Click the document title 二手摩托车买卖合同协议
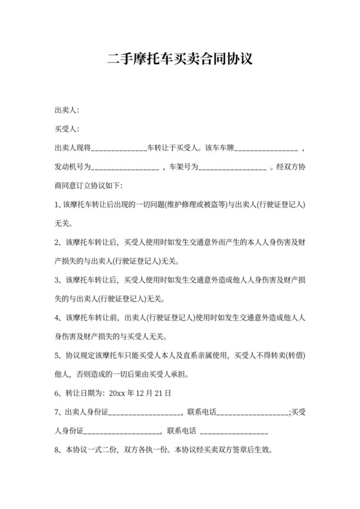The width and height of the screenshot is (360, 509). (x=179, y=60)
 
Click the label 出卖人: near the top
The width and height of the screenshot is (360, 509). (x=67, y=111)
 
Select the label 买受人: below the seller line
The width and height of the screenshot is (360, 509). (x=67, y=129)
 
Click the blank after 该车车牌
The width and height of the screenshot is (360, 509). (x=265, y=149)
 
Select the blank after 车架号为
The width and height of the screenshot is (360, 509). (x=233, y=168)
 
